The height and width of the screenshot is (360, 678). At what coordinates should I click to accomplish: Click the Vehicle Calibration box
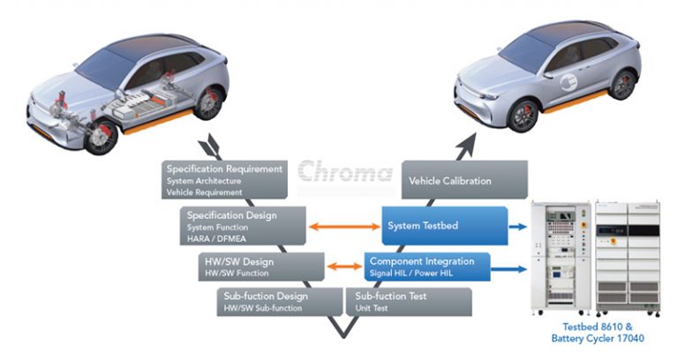point(463,180)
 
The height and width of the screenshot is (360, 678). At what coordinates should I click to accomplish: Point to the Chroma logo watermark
point(344,169)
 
